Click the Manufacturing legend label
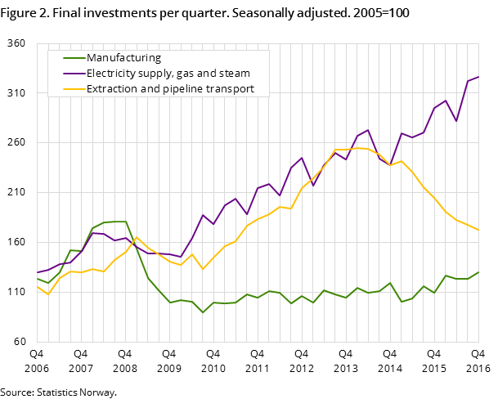click(123, 58)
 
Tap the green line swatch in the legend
click(74, 58)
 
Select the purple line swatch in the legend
click(74, 74)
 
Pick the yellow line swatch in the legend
click(74, 89)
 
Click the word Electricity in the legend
click(112, 74)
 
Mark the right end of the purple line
click(478, 77)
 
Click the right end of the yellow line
click(478, 230)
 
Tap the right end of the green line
click(478, 272)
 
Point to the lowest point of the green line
click(203, 312)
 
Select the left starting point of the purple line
click(37, 273)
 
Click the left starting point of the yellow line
click(37, 285)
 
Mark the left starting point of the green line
click(37, 278)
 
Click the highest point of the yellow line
click(357, 148)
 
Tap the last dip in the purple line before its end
click(456, 121)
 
